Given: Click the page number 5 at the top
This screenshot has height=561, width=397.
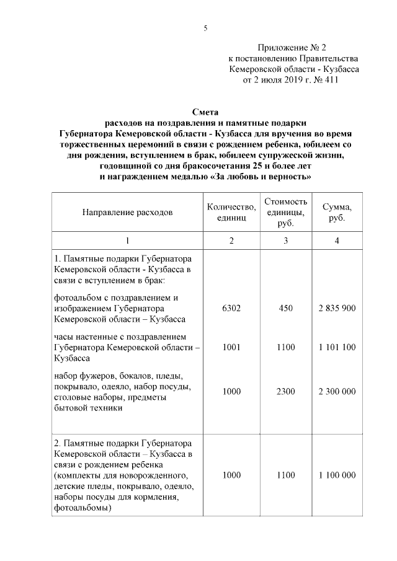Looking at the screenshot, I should click(205, 28).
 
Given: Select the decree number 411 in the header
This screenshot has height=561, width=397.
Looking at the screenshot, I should click(331, 79).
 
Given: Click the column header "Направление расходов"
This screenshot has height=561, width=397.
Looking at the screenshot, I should click(127, 212).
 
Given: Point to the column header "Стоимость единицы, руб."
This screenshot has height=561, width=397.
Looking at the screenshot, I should click(285, 212).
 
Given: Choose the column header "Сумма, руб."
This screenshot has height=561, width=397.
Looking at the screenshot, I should click(337, 212).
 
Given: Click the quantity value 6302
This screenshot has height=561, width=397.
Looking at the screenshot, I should click(231, 309).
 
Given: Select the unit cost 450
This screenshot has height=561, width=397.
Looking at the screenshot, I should click(285, 309).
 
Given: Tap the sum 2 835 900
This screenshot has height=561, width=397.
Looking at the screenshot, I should click(337, 309).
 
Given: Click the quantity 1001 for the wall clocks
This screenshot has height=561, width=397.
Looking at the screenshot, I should click(231, 347).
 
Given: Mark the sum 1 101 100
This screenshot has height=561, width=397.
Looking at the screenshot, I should click(337, 347).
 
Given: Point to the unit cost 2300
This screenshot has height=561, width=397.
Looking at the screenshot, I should click(285, 392).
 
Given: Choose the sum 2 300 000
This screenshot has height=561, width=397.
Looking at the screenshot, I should click(337, 392).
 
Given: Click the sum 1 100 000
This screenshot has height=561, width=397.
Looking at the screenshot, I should click(337, 475).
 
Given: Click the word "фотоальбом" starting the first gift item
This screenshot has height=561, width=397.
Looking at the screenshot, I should click(79, 298).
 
